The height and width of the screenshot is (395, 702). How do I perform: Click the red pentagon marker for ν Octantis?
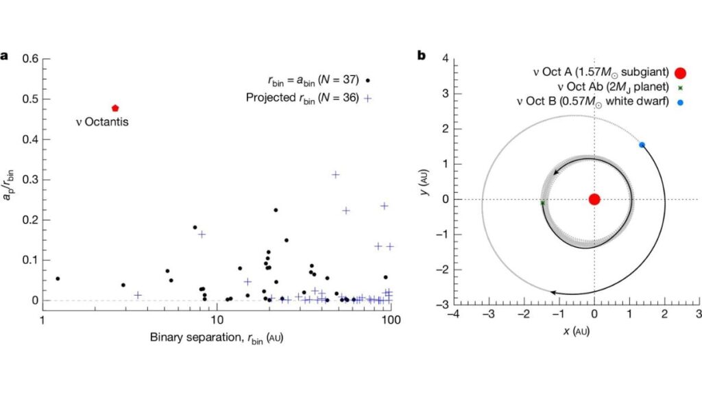pyautogui.click(x=115, y=108)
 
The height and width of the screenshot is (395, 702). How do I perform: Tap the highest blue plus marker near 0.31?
pyautogui.click(x=336, y=175)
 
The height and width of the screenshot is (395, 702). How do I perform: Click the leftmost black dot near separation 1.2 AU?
pyautogui.click(x=58, y=278)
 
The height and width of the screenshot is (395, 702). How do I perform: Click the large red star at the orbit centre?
pyautogui.click(x=594, y=200)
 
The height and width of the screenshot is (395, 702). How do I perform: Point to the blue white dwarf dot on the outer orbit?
pyautogui.click(x=642, y=145)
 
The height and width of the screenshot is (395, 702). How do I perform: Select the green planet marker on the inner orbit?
pyautogui.click(x=542, y=203)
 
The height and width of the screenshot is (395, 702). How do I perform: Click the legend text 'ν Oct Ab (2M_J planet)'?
pyautogui.click(x=607, y=87)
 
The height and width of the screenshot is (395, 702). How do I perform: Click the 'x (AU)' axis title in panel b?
pyautogui.click(x=577, y=331)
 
